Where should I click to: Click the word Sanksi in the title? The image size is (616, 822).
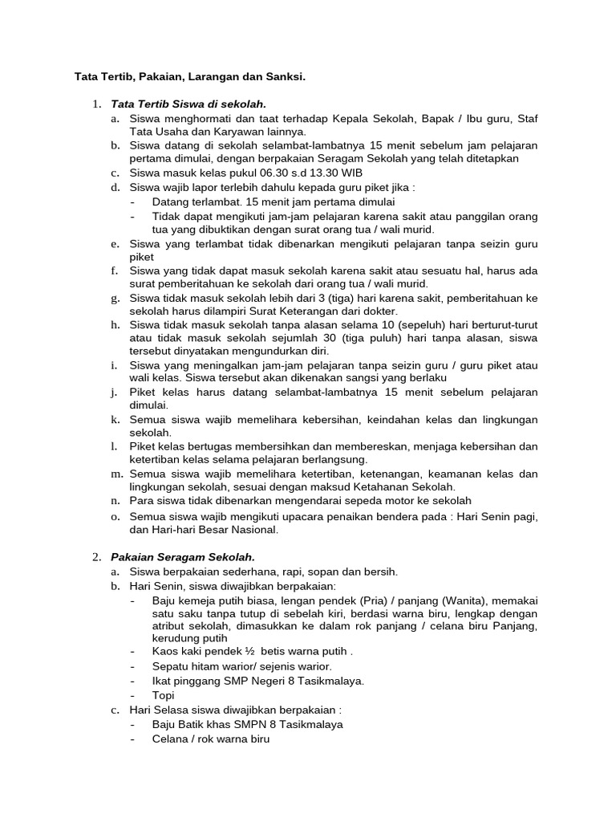pos(283,77)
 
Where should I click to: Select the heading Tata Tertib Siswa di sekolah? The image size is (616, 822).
pos(188,104)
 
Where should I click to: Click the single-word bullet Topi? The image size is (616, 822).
pos(164,695)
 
